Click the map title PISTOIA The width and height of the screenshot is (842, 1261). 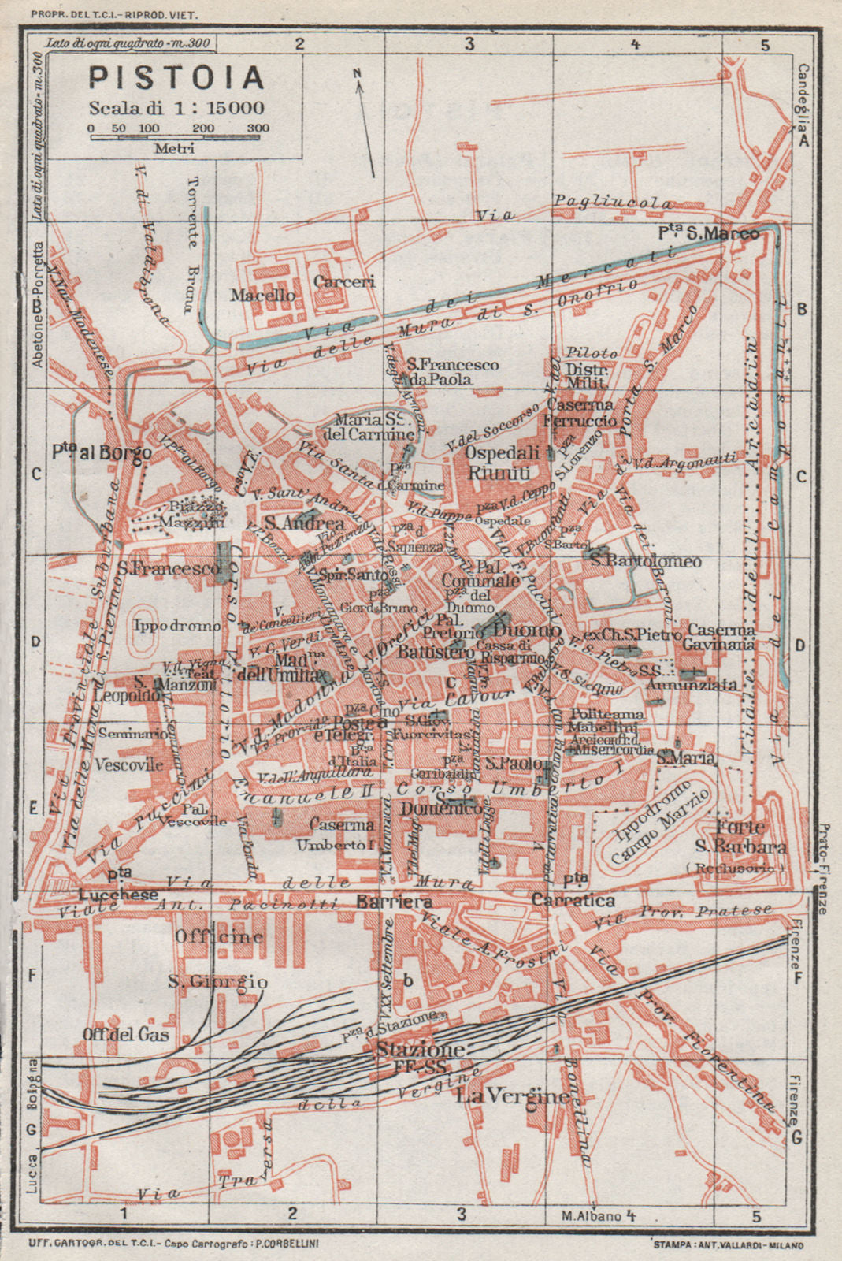click(x=176, y=78)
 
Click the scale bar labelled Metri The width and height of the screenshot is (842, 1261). click(x=178, y=137)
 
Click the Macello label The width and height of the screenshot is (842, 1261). click(x=263, y=296)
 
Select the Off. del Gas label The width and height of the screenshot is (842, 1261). click(x=128, y=1034)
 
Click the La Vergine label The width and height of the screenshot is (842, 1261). click(x=513, y=1096)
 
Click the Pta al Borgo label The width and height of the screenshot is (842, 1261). click(x=101, y=455)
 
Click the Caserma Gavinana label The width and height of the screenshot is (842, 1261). click(x=721, y=637)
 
